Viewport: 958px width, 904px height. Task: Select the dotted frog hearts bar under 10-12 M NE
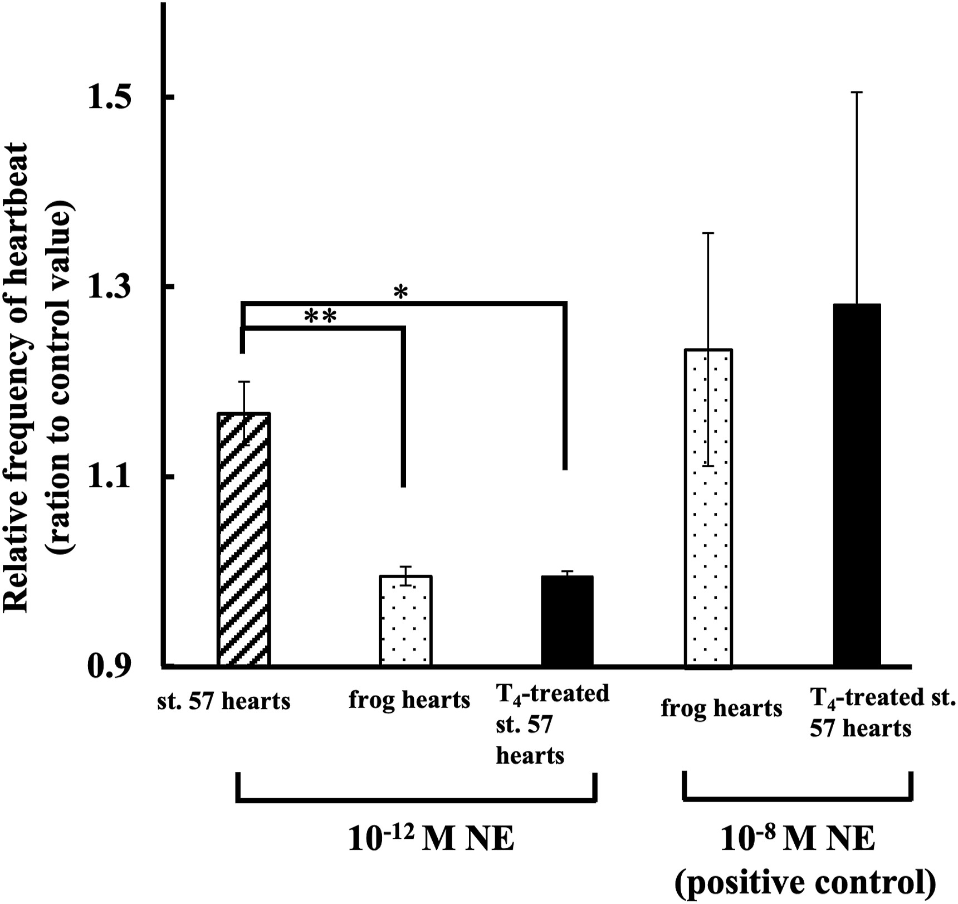(x=405, y=620)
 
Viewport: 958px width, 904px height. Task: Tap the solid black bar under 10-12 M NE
(x=567, y=620)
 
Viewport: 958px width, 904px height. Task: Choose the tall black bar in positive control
(x=857, y=485)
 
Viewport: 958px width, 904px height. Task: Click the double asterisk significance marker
(x=320, y=316)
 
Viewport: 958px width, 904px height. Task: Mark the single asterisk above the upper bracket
(x=400, y=292)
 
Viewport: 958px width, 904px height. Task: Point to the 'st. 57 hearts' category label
(x=223, y=701)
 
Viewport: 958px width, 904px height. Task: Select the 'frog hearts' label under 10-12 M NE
(x=409, y=700)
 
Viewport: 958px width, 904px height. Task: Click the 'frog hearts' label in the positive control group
(x=721, y=708)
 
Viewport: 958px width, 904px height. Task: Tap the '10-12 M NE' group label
(x=431, y=839)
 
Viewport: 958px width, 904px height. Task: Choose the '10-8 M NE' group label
(x=798, y=839)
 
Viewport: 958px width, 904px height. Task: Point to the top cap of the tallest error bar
(x=857, y=92)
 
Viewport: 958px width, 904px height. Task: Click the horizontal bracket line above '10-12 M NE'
(x=417, y=802)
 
